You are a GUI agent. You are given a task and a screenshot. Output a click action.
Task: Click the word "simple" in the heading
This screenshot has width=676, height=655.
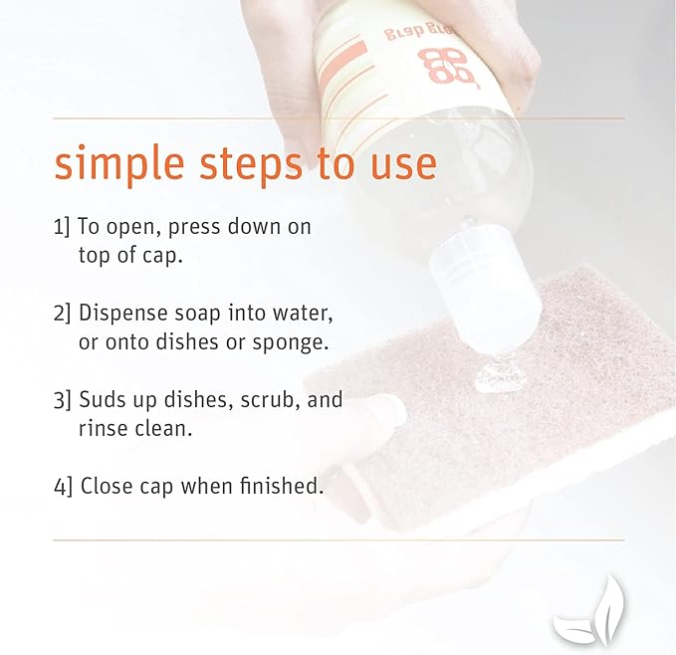coord(119,164)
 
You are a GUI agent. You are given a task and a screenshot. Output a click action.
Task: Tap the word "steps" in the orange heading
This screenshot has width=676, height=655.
coord(251,164)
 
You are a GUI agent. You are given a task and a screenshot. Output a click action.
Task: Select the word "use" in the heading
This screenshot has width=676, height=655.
coord(403,166)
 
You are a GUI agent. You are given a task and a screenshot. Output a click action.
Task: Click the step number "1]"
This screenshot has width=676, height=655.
coord(61,226)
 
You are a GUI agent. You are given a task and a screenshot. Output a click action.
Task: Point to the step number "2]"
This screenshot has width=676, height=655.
coord(62,313)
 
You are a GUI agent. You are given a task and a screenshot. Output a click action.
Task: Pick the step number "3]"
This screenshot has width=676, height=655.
coord(62,399)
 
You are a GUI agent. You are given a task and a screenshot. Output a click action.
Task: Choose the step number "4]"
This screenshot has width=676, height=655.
coord(63,486)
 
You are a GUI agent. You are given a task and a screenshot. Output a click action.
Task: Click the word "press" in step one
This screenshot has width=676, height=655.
coord(194,228)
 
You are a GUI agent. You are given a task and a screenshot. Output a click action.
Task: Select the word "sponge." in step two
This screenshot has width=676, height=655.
coord(290,343)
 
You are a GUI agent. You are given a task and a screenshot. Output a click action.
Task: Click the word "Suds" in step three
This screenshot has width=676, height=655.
coord(103,399)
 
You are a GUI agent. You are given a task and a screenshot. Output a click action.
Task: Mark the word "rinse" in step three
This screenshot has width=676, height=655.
coord(104,428)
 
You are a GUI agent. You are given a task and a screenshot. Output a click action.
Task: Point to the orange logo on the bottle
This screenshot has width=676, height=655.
coord(446,65)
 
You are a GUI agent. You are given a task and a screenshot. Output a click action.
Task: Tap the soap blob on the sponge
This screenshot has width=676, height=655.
coord(501,378)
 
